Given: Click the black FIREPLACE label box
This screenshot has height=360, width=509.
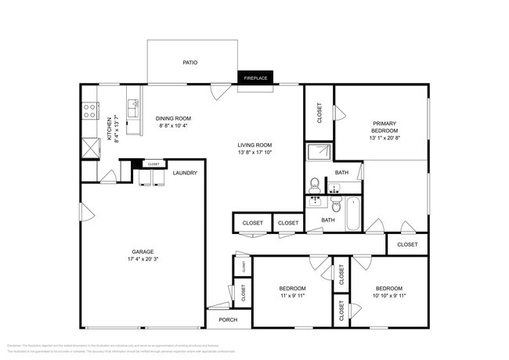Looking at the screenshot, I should [x=254, y=78].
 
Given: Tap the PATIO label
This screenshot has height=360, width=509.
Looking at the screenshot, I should [x=190, y=62].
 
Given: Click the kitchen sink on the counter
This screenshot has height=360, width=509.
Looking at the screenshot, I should [x=134, y=103].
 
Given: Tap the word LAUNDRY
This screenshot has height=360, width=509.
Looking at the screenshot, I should [x=185, y=173].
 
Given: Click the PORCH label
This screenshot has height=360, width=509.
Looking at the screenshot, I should [x=228, y=319].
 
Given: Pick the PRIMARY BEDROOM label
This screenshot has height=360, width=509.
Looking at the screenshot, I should [x=384, y=128].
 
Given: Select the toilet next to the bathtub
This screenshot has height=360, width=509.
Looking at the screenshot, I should [x=334, y=207].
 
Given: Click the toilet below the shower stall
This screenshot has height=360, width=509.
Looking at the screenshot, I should [x=314, y=185].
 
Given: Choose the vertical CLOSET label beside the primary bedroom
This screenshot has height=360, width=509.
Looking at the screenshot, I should [x=319, y=113].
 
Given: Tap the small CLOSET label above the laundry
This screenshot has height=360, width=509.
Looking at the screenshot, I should [x=153, y=164].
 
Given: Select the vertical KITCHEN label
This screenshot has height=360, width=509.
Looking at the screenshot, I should [x=109, y=129].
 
